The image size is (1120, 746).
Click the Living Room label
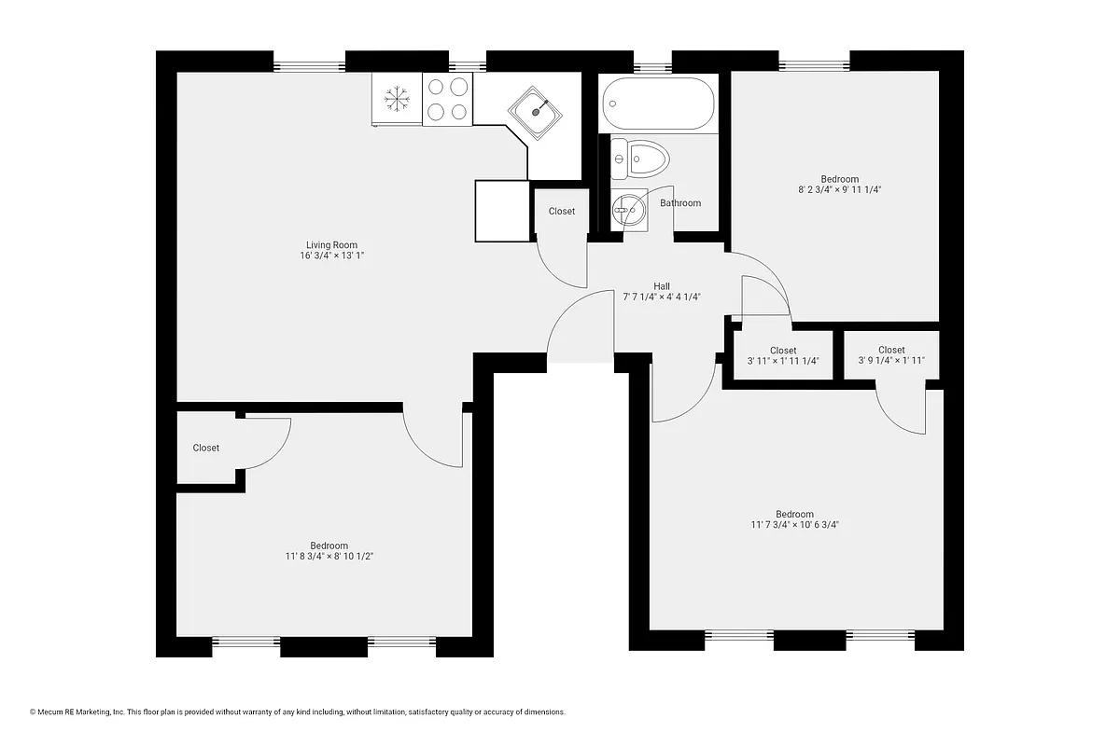(x=331, y=245)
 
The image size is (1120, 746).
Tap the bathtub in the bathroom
(x=659, y=104)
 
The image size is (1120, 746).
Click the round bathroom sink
(x=629, y=211)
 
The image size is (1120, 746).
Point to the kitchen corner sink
(x=536, y=113)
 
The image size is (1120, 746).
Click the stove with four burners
(x=447, y=99)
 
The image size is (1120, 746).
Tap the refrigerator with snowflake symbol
(x=398, y=99)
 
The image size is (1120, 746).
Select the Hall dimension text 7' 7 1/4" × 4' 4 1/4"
(x=661, y=297)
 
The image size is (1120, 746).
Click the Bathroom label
(x=679, y=203)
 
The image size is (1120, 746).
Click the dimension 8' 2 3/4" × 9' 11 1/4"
(x=839, y=189)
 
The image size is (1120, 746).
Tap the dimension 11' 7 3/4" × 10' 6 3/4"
(x=794, y=525)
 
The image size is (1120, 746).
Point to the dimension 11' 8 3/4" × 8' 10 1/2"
(x=329, y=557)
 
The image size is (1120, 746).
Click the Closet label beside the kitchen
(x=561, y=212)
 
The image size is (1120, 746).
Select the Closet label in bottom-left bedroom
(x=206, y=449)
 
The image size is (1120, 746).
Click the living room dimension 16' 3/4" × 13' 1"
(x=331, y=256)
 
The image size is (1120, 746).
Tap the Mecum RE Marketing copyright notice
(x=298, y=712)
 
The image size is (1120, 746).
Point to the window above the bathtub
(x=652, y=66)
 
